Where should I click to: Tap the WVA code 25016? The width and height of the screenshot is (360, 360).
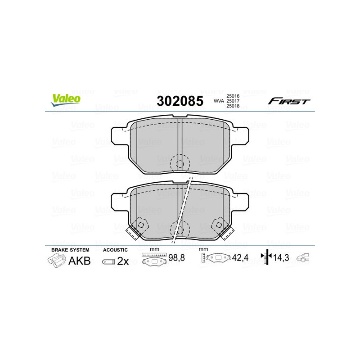click(233, 96)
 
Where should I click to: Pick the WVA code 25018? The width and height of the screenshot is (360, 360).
click(233, 107)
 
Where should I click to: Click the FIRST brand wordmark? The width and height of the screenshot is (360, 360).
click(289, 101)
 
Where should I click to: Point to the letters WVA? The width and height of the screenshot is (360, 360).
click(218, 101)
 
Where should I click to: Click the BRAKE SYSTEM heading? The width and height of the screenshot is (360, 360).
click(70, 250)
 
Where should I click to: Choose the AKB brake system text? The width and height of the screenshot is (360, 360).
click(79, 261)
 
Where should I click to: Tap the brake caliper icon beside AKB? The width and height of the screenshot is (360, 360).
click(56, 261)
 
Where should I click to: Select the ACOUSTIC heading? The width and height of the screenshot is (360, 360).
click(116, 250)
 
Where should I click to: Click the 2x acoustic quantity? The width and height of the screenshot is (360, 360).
click(122, 261)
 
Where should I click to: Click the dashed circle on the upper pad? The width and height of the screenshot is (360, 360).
click(180, 162)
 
